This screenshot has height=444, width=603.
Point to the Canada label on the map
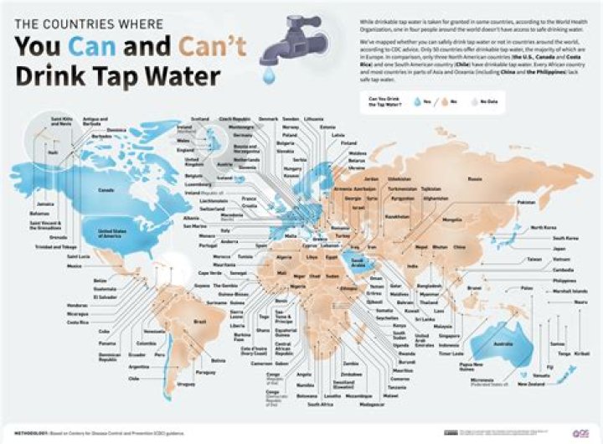coord(106,190)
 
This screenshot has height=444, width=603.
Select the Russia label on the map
coord(475,178)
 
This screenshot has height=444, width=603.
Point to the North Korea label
coord(543,227)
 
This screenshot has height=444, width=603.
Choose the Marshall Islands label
coord(559,290)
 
